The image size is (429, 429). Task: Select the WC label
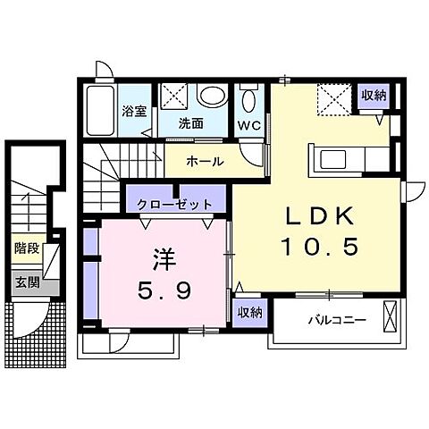point(249,125)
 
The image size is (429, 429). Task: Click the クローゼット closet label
point(169,204)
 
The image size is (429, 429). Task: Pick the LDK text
point(321,216)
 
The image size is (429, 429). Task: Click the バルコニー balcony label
point(337,319)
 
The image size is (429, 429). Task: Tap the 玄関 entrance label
point(26,282)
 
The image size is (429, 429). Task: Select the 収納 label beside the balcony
point(250,312)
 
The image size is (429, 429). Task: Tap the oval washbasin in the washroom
point(211,96)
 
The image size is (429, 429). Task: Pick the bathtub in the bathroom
point(101,111)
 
